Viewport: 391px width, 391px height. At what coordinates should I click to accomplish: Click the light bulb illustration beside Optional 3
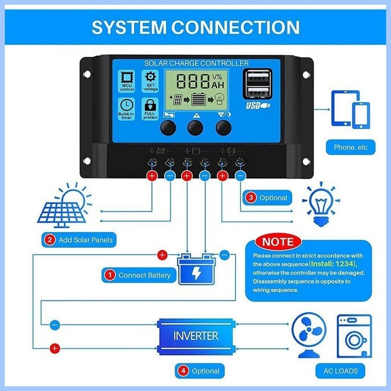pyautogui.click(x=321, y=204)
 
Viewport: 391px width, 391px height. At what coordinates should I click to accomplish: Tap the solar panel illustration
pyautogui.click(x=64, y=206)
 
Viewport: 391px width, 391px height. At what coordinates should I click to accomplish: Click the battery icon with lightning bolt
pyautogui.click(x=196, y=269)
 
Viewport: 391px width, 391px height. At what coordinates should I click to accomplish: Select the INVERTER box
pyautogui.click(x=196, y=337)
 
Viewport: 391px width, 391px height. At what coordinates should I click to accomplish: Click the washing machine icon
pyautogui.click(x=354, y=336)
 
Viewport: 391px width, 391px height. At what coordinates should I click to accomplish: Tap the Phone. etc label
pyautogui.click(x=350, y=147)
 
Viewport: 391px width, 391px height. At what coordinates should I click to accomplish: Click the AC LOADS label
pyautogui.click(x=340, y=371)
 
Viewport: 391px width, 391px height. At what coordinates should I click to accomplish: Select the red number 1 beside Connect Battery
pyautogui.click(x=110, y=275)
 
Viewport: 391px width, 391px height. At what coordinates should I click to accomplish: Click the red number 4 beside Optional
pyautogui.click(x=183, y=371)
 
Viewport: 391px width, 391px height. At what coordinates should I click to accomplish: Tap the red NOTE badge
pyautogui.click(x=278, y=242)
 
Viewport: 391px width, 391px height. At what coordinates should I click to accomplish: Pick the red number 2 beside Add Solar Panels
pyautogui.click(x=50, y=240)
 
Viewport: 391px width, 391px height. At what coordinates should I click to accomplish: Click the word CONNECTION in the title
pyautogui.click(x=236, y=27)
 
